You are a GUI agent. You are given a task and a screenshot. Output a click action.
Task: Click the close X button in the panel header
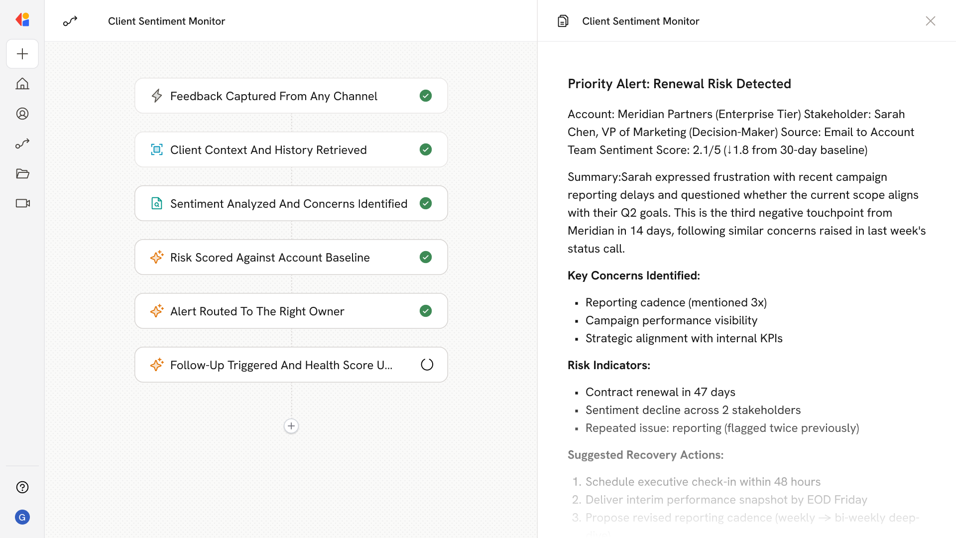pos(930,21)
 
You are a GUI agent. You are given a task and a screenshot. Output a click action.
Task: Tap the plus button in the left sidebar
pos(22,54)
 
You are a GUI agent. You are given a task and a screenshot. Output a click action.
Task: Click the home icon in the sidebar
pos(22,84)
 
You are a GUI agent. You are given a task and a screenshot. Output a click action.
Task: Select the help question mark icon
pos(22,487)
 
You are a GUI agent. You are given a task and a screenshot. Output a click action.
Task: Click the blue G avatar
pos(22,517)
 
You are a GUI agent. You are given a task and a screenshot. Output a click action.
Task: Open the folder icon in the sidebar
pos(22,173)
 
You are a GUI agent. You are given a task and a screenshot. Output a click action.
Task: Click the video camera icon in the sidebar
pos(22,203)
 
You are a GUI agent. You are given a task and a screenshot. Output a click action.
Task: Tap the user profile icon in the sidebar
pos(22,114)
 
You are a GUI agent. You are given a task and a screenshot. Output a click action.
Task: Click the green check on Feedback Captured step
pos(426,96)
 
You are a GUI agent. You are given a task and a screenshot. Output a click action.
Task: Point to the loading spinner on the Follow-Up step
pos(427,365)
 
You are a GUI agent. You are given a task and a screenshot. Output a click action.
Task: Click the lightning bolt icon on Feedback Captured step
pos(157,96)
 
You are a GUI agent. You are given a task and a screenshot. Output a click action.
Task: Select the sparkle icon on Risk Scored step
pos(157,257)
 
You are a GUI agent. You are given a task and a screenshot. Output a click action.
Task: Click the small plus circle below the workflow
pos(291,426)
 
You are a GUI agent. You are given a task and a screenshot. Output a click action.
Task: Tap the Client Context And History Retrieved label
pos(268,150)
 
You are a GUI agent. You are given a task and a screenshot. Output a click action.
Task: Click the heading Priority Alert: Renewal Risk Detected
pos(679,84)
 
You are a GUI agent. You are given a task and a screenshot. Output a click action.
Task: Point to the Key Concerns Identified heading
pos(633,275)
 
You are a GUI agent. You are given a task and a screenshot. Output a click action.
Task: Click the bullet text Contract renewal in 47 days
pos(660,392)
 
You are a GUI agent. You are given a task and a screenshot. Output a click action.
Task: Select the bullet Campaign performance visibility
pos(671,320)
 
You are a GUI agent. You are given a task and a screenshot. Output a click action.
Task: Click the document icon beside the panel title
pos(563,21)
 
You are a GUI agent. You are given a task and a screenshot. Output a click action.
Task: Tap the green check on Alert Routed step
pos(426,311)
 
